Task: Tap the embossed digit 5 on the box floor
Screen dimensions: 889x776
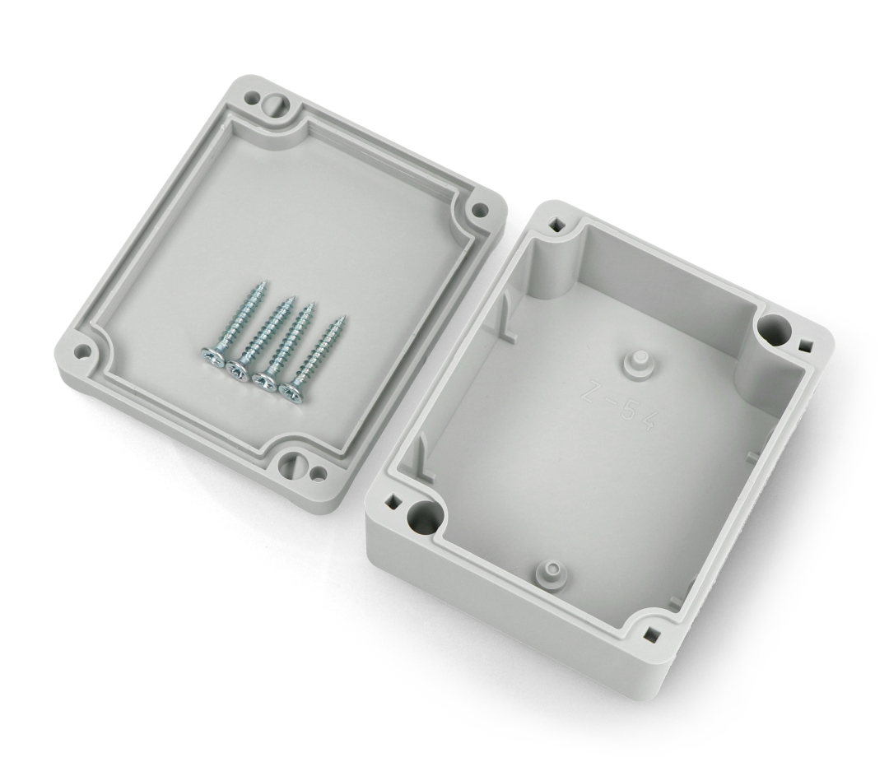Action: tap(626, 411)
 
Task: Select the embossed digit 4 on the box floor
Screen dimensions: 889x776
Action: tap(646, 421)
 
